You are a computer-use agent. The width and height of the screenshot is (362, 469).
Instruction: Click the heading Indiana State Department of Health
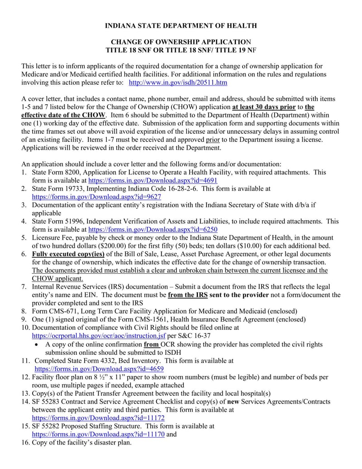pos(181,26)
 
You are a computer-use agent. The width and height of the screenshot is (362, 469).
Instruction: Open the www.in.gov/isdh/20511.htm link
pos(178,83)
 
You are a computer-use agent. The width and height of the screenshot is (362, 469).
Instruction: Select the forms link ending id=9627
pos(96,197)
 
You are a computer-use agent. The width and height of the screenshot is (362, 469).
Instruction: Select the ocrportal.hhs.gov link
pos(99,336)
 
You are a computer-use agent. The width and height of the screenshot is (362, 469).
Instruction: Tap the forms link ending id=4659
pos(99,369)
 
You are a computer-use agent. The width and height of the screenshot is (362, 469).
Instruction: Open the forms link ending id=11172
pos(98,418)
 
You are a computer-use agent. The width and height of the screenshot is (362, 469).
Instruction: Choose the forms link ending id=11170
pos(98,434)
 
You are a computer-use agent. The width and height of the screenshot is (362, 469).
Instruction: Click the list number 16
pos(25,442)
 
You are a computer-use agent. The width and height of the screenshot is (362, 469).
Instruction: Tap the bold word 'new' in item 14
pos(233,401)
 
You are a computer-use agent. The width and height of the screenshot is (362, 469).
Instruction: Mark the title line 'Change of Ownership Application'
pos(181,42)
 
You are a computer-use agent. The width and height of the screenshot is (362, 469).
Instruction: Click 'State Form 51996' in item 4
pos(57,221)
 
